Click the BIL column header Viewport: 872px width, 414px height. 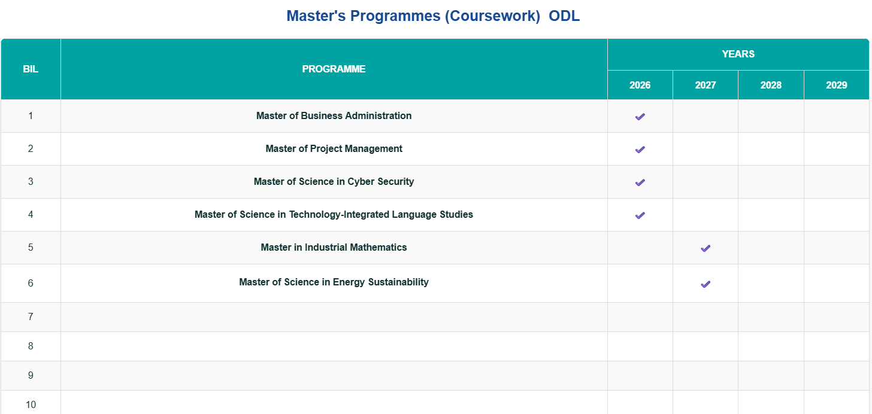(x=31, y=69)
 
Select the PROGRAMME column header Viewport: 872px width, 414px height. (x=334, y=69)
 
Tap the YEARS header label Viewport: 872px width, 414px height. (x=738, y=54)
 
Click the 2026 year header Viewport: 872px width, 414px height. (x=640, y=86)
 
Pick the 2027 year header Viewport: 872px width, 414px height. (x=705, y=86)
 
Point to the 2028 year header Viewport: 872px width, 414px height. (x=771, y=86)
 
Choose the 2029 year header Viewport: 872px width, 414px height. (x=836, y=86)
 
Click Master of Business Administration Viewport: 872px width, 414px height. (x=334, y=116)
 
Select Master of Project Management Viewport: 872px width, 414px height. (x=334, y=149)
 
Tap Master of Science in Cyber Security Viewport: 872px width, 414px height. (x=334, y=182)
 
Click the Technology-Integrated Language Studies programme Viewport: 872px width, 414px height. (x=334, y=215)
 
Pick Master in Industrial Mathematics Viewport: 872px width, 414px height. (x=334, y=248)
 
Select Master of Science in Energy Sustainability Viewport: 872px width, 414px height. (x=334, y=282)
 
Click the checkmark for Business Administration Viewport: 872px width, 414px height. (x=640, y=117)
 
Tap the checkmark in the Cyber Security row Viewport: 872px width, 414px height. (x=640, y=182)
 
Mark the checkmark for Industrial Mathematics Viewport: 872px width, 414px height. (x=705, y=248)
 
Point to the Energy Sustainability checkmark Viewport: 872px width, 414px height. (x=705, y=284)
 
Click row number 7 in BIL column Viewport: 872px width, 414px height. (x=31, y=317)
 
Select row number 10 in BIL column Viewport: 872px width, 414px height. (x=31, y=405)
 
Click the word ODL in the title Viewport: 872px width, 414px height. (x=564, y=16)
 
